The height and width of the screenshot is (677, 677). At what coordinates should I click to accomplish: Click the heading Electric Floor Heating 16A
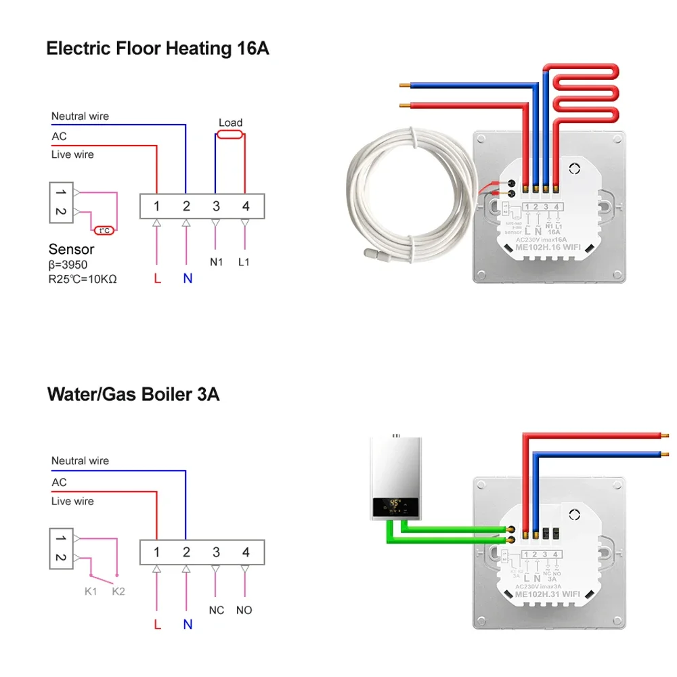157,49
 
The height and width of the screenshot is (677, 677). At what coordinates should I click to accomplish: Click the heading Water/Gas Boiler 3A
133,394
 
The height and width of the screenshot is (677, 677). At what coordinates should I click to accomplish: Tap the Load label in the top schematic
230,123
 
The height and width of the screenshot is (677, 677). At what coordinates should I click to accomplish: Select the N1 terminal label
216,262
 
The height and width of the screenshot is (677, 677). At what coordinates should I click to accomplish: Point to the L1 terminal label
244,262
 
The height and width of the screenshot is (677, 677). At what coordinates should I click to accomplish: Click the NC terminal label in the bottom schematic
216,610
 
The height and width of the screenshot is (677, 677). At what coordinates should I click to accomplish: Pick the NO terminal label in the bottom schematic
244,610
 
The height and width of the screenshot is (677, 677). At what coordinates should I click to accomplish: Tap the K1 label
91,591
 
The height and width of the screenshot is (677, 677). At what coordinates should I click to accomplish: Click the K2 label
118,591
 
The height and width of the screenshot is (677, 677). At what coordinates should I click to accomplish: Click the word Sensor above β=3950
71,250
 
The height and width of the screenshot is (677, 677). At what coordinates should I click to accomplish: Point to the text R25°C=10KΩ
83,278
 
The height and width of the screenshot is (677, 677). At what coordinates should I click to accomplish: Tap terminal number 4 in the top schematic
246,206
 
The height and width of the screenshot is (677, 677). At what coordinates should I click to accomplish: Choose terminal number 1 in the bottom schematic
156,552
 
